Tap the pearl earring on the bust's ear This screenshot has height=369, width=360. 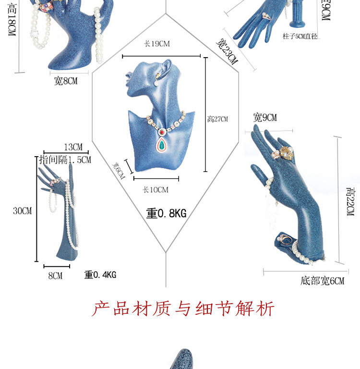click(x=157, y=83)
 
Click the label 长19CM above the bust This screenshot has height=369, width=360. click(x=157, y=44)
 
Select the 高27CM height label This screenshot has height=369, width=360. click(x=217, y=119)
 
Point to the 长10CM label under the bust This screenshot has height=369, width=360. click(x=156, y=190)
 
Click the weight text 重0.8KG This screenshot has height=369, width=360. click(x=166, y=213)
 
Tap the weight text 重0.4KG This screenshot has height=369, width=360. click(x=100, y=275)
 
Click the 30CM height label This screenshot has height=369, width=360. click(x=22, y=210)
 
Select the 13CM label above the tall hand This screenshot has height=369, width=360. click(x=73, y=147)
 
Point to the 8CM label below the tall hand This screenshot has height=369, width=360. click(x=55, y=276)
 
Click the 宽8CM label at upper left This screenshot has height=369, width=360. click(x=65, y=81)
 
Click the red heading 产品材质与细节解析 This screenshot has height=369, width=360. click(x=183, y=308)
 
